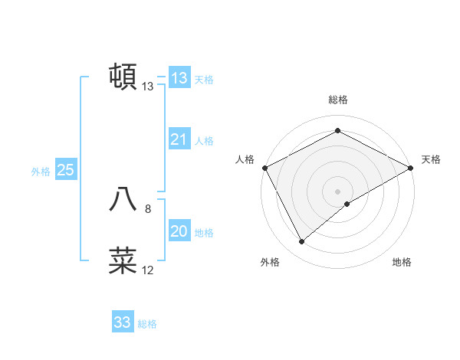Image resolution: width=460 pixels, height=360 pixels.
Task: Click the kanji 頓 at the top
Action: (123, 77)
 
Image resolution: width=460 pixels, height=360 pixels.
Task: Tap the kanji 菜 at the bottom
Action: (123, 260)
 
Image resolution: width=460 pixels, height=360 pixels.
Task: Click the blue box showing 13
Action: (179, 78)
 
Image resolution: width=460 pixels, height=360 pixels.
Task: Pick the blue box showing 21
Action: (179, 139)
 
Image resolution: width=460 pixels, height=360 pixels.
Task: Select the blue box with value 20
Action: (179, 231)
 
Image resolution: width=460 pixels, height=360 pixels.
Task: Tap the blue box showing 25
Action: (65, 170)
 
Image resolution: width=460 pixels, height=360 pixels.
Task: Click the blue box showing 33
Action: (123, 322)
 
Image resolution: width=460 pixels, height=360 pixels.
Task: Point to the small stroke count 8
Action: (148, 208)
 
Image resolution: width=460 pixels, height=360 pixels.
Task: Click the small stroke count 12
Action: (148, 270)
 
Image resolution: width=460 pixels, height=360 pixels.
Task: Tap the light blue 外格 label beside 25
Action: (41, 172)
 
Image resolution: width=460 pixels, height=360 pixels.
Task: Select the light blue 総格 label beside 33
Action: (147, 324)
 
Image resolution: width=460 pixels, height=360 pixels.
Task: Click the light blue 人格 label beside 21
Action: (204, 141)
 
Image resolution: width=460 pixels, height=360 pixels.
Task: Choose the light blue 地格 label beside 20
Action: (204, 233)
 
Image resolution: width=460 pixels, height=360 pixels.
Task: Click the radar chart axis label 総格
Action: (338, 100)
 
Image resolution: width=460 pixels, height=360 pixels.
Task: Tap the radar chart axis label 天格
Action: (431, 159)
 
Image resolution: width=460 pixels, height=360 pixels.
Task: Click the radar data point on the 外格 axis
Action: (302, 242)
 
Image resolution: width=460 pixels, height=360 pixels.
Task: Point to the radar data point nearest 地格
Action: (347, 204)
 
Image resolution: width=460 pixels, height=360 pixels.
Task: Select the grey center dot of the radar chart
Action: (338, 191)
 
